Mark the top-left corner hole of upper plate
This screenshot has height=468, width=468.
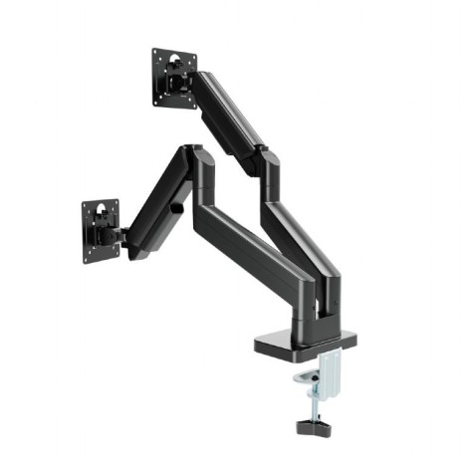click(x=156, y=55)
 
